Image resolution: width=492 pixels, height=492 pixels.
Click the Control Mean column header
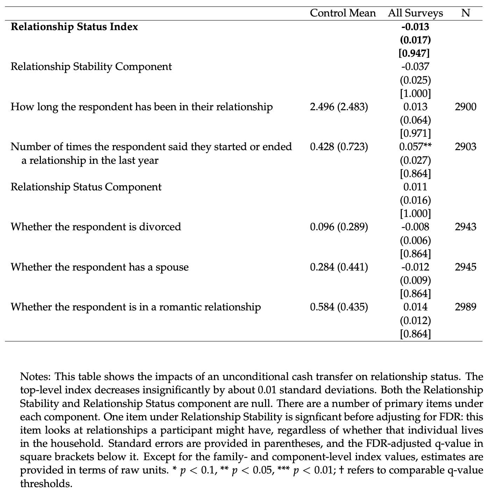point(343,13)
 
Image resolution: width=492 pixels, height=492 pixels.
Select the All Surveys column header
point(415,13)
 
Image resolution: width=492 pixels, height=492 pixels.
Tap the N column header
point(465,13)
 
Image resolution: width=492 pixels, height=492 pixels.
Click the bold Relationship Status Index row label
point(74,27)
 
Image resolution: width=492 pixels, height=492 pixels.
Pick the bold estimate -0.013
point(415,27)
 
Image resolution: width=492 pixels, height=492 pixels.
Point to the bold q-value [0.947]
point(415,53)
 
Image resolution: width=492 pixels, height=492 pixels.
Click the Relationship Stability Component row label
point(91,66)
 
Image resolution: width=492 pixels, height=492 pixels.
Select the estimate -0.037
point(415,66)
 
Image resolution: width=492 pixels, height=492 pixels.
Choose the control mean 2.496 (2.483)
point(339,107)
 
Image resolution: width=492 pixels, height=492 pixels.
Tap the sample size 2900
point(465,107)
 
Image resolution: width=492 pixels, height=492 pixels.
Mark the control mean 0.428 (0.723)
point(339,147)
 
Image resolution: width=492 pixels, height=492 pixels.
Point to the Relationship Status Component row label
point(86,187)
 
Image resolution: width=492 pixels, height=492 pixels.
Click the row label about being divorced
point(96,227)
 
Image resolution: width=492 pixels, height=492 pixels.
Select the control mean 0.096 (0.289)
point(339,227)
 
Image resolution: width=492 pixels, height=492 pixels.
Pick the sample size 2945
point(465,267)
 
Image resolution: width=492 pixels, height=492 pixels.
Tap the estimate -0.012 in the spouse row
point(415,267)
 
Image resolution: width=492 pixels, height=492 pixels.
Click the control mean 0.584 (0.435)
point(339,307)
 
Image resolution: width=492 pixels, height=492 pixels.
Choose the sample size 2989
point(465,307)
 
